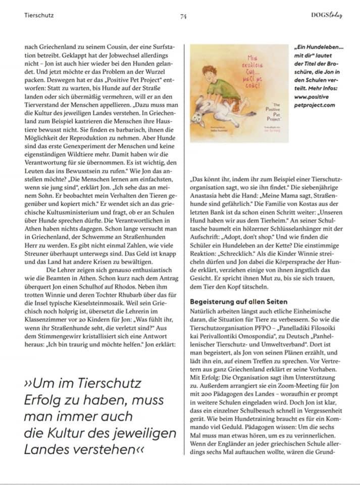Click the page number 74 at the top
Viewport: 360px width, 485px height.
point(183,16)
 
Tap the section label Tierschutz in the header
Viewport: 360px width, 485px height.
point(39,15)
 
